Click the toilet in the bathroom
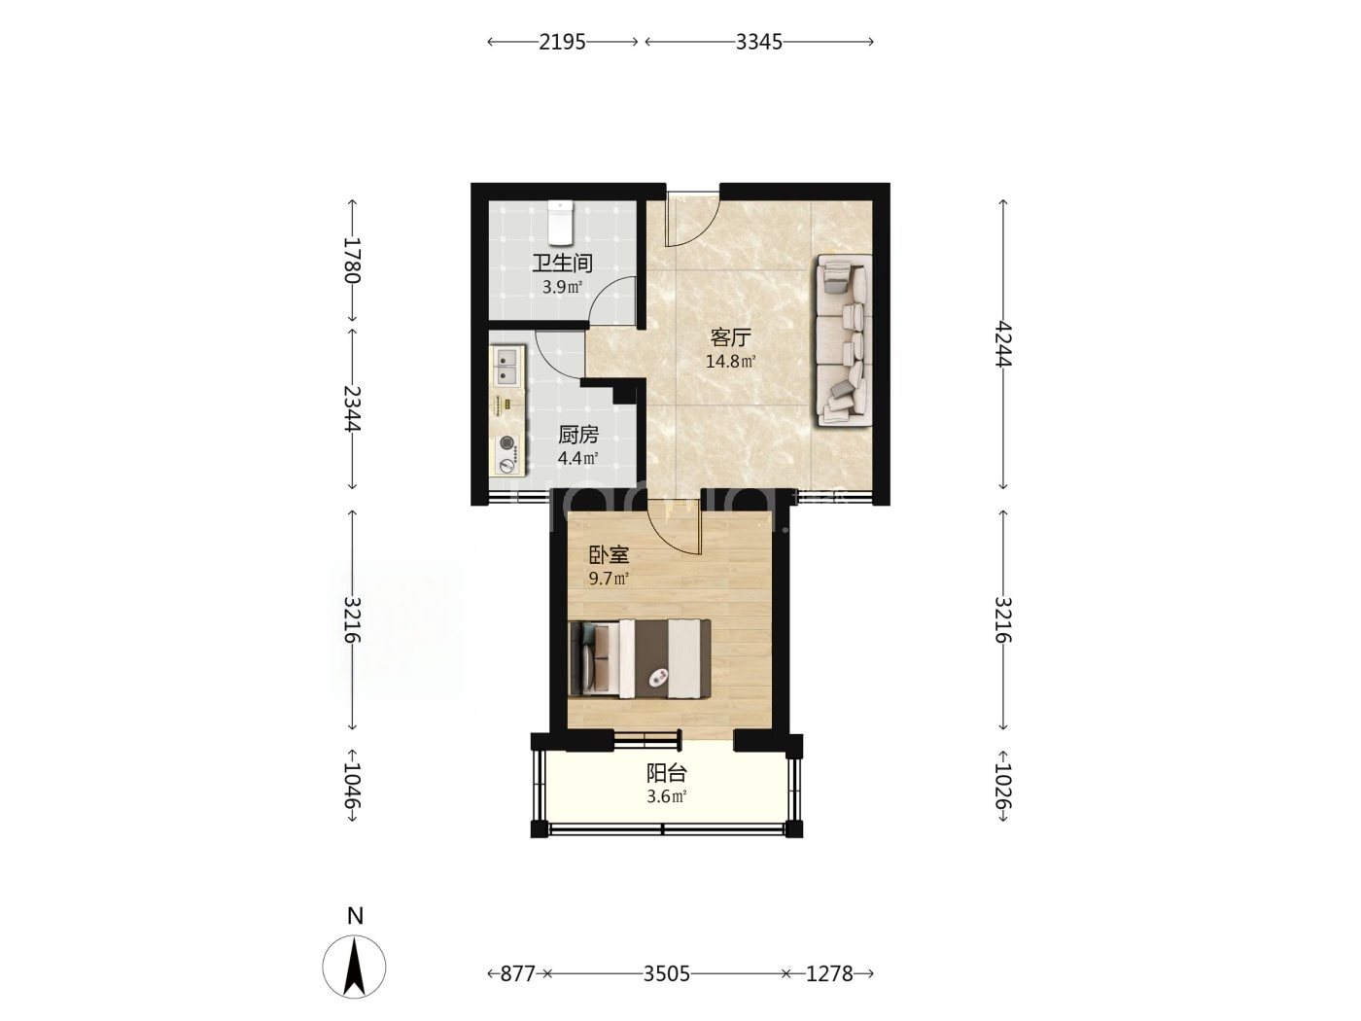(x=561, y=222)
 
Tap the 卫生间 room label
(x=562, y=264)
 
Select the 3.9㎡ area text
(x=562, y=287)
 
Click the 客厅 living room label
(x=730, y=337)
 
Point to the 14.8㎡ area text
(x=730, y=362)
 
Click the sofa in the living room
(x=844, y=339)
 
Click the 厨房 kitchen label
(x=577, y=436)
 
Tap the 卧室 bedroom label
(x=609, y=555)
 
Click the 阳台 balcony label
(x=667, y=773)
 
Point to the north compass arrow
(x=354, y=967)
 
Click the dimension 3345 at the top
(x=759, y=42)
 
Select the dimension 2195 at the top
(x=562, y=42)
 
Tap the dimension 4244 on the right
(x=1003, y=344)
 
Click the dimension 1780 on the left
(x=352, y=261)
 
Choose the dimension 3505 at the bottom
(x=667, y=974)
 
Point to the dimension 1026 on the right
(x=1003, y=786)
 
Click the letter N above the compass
(x=355, y=916)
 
